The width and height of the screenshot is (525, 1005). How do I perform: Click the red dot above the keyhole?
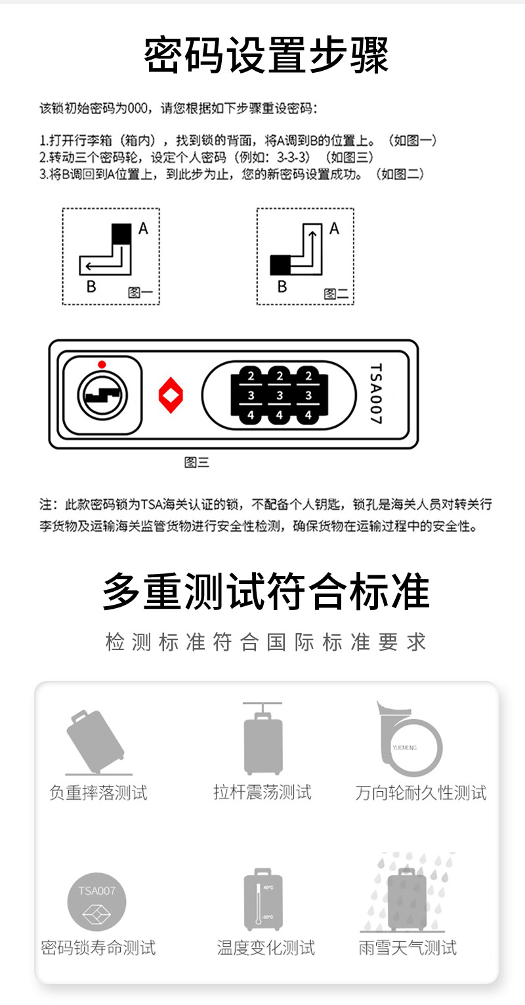tap(102, 364)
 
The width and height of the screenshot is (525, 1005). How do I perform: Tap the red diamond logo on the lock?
tap(171, 395)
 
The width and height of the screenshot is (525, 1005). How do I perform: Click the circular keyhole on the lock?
tap(102, 396)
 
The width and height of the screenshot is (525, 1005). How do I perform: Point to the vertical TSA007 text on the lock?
tap(376, 394)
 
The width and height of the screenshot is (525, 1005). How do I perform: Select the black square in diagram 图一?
tap(121, 234)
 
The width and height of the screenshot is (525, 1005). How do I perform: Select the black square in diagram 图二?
tap(280, 265)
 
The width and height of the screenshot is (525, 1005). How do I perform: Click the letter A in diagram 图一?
tap(143, 228)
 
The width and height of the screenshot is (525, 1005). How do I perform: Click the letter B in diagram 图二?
tap(282, 286)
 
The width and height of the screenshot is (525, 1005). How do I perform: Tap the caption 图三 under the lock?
tap(196, 462)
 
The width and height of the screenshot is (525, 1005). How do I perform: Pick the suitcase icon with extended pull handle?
tap(263, 738)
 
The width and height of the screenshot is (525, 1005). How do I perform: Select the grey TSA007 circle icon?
tap(96, 902)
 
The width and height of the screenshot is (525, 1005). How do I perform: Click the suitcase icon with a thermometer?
tap(263, 899)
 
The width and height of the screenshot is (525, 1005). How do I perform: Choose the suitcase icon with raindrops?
tap(408, 892)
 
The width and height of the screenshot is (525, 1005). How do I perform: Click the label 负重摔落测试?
tap(98, 793)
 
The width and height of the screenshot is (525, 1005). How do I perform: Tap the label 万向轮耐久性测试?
tap(421, 793)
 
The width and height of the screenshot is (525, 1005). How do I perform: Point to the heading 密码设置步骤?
tap(266, 54)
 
